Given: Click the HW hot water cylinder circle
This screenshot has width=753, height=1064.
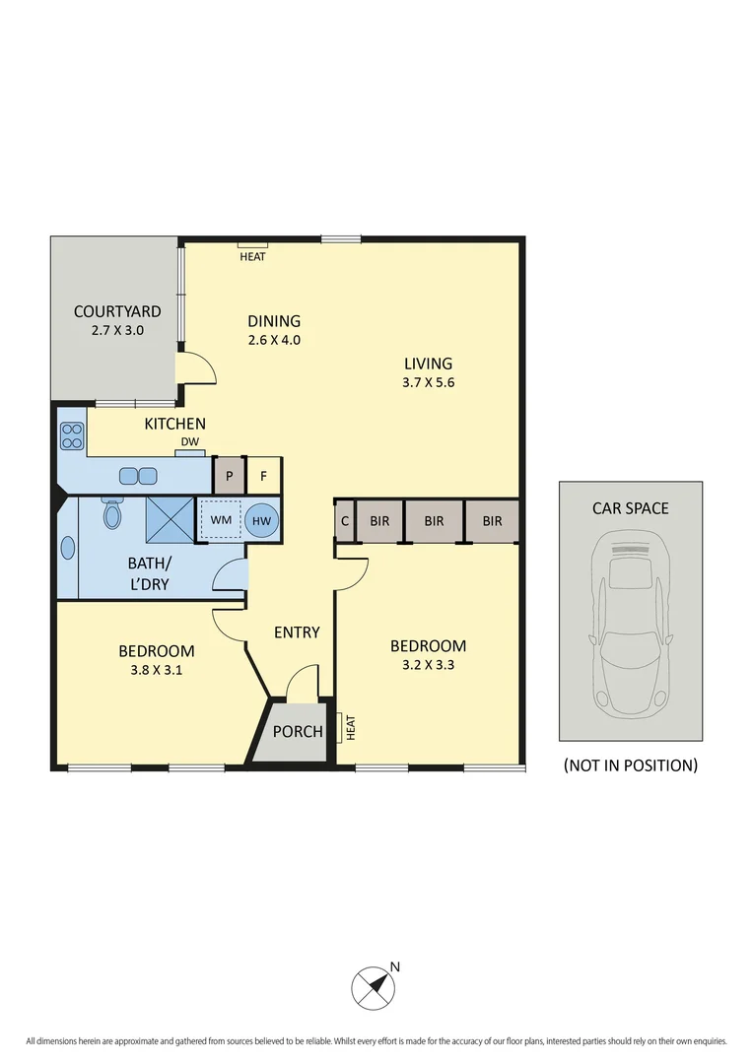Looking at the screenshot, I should pyautogui.click(x=261, y=519).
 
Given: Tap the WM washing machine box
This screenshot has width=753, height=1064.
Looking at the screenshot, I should pyautogui.click(x=221, y=519).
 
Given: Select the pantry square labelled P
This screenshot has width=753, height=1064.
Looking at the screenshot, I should pyautogui.click(x=229, y=475).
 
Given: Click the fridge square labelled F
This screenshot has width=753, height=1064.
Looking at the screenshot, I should pyautogui.click(x=263, y=475).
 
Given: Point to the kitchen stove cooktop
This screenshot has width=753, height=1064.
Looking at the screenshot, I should pyautogui.click(x=72, y=435).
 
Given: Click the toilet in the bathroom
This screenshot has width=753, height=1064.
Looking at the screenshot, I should pyautogui.click(x=112, y=513).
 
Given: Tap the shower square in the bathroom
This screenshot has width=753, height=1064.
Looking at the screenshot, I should pyautogui.click(x=170, y=519).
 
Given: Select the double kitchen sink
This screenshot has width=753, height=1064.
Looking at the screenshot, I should pyautogui.click(x=138, y=476).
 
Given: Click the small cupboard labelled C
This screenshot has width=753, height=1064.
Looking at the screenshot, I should pyautogui.click(x=345, y=521).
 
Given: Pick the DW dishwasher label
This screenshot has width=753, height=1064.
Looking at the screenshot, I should pyautogui.click(x=189, y=442).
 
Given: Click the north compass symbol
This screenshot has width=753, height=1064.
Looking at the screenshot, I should pyautogui.click(x=374, y=985).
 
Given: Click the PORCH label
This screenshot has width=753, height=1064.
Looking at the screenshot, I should pyautogui.click(x=297, y=731).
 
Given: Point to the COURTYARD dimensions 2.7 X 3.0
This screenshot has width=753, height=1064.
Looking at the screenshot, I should pyautogui.click(x=116, y=331).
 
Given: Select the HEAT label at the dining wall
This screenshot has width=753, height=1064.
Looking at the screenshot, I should pyautogui.click(x=252, y=256).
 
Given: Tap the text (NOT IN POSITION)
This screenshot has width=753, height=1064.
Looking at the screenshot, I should pyautogui.click(x=631, y=765).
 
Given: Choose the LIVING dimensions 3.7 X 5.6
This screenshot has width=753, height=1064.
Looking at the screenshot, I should pyautogui.click(x=427, y=383).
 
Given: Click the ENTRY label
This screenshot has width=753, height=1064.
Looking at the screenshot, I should pyautogui.click(x=297, y=632).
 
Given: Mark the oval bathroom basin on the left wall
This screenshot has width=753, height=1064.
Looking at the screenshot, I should pyautogui.click(x=68, y=548).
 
